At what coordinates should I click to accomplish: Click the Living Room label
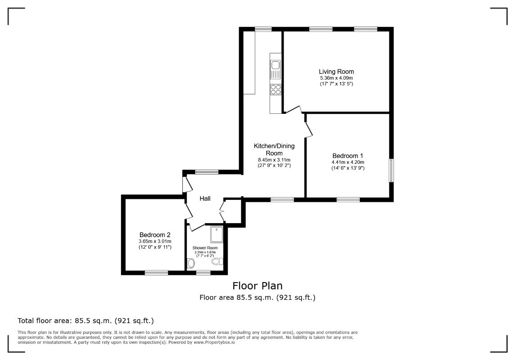336,72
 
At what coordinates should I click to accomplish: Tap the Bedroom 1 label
348,156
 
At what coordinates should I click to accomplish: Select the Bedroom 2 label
155,235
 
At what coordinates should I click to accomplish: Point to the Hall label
205,198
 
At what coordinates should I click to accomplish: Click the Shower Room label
205,248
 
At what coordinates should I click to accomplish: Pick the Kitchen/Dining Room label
274,149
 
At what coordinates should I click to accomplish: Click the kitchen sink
275,70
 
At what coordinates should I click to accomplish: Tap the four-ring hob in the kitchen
276,89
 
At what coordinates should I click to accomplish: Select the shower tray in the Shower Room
217,234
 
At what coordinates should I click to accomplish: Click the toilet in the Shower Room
217,261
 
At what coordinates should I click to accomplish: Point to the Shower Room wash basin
190,263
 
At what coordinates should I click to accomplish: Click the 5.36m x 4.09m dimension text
336,78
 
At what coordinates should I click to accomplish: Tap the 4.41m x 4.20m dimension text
348,162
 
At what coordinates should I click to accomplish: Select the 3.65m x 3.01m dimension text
155,241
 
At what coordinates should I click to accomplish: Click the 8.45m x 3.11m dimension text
274,160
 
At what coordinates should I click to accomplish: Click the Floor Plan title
257,286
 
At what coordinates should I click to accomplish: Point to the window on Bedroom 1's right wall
391,170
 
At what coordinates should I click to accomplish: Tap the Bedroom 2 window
156,272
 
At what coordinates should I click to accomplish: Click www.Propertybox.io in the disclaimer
214,342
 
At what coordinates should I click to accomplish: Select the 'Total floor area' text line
86,320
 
